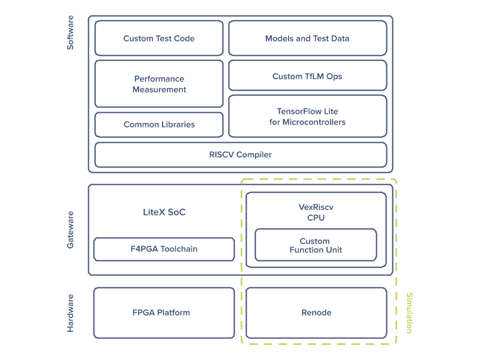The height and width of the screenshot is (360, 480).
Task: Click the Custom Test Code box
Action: [x=159, y=38]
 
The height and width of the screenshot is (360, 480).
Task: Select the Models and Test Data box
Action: [x=307, y=38]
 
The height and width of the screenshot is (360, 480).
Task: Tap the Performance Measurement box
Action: [x=159, y=84]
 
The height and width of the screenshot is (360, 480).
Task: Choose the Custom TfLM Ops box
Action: [x=307, y=76]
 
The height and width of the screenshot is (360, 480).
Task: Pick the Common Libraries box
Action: [x=159, y=125]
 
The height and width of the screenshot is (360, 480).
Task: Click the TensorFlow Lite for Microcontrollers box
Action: [x=307, y=116]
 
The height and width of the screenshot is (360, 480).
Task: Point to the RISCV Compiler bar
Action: [x=241, y=155]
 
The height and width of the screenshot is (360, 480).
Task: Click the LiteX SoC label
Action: [x=164, y=212]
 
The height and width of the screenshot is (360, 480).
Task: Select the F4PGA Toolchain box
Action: [x=164, y=249]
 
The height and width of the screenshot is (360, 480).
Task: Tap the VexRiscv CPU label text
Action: [x=316, y=212]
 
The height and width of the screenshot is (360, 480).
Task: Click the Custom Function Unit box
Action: [x=316, y=245]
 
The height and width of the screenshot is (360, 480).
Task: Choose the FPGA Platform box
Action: [x=164, y=313]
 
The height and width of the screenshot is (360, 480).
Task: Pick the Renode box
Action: [x=316, y=313]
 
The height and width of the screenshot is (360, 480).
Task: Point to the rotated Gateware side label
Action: [x=70, y=230]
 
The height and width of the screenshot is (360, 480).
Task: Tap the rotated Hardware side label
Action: [x=70, y=313]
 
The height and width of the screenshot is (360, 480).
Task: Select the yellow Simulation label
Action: [x=409, y=313]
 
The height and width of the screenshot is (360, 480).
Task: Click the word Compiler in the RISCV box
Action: [x=254, y=155]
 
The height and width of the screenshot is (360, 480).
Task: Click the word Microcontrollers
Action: [x=316, y=122]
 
